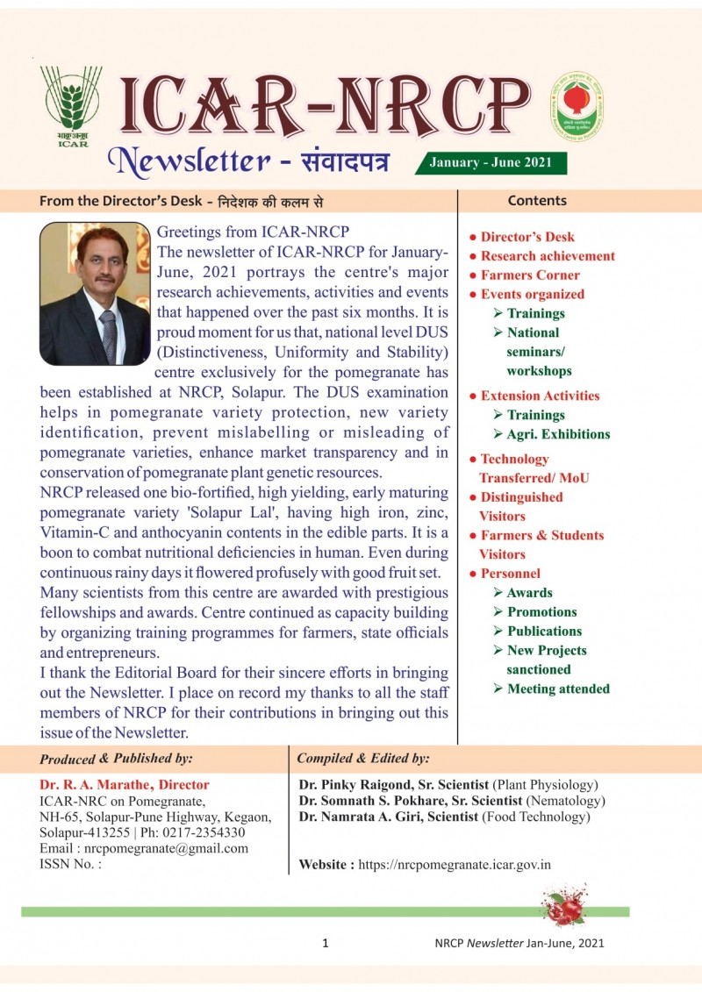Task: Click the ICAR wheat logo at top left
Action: coord(70,103)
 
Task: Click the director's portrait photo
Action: coord(95,294)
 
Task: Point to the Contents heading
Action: coord(537,201)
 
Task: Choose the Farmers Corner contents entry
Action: coord(530,275)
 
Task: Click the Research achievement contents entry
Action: coord(548,256)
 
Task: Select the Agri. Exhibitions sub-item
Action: coord(557,434)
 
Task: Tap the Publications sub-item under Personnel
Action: coord(544,631)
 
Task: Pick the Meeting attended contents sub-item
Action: coord(558,689)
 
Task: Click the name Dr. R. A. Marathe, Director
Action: coord(125,785)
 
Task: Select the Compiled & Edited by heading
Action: coord(363,758)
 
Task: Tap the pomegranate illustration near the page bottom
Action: coord(565,907)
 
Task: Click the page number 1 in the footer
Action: coord(326,944)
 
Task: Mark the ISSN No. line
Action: coord(70,864)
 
